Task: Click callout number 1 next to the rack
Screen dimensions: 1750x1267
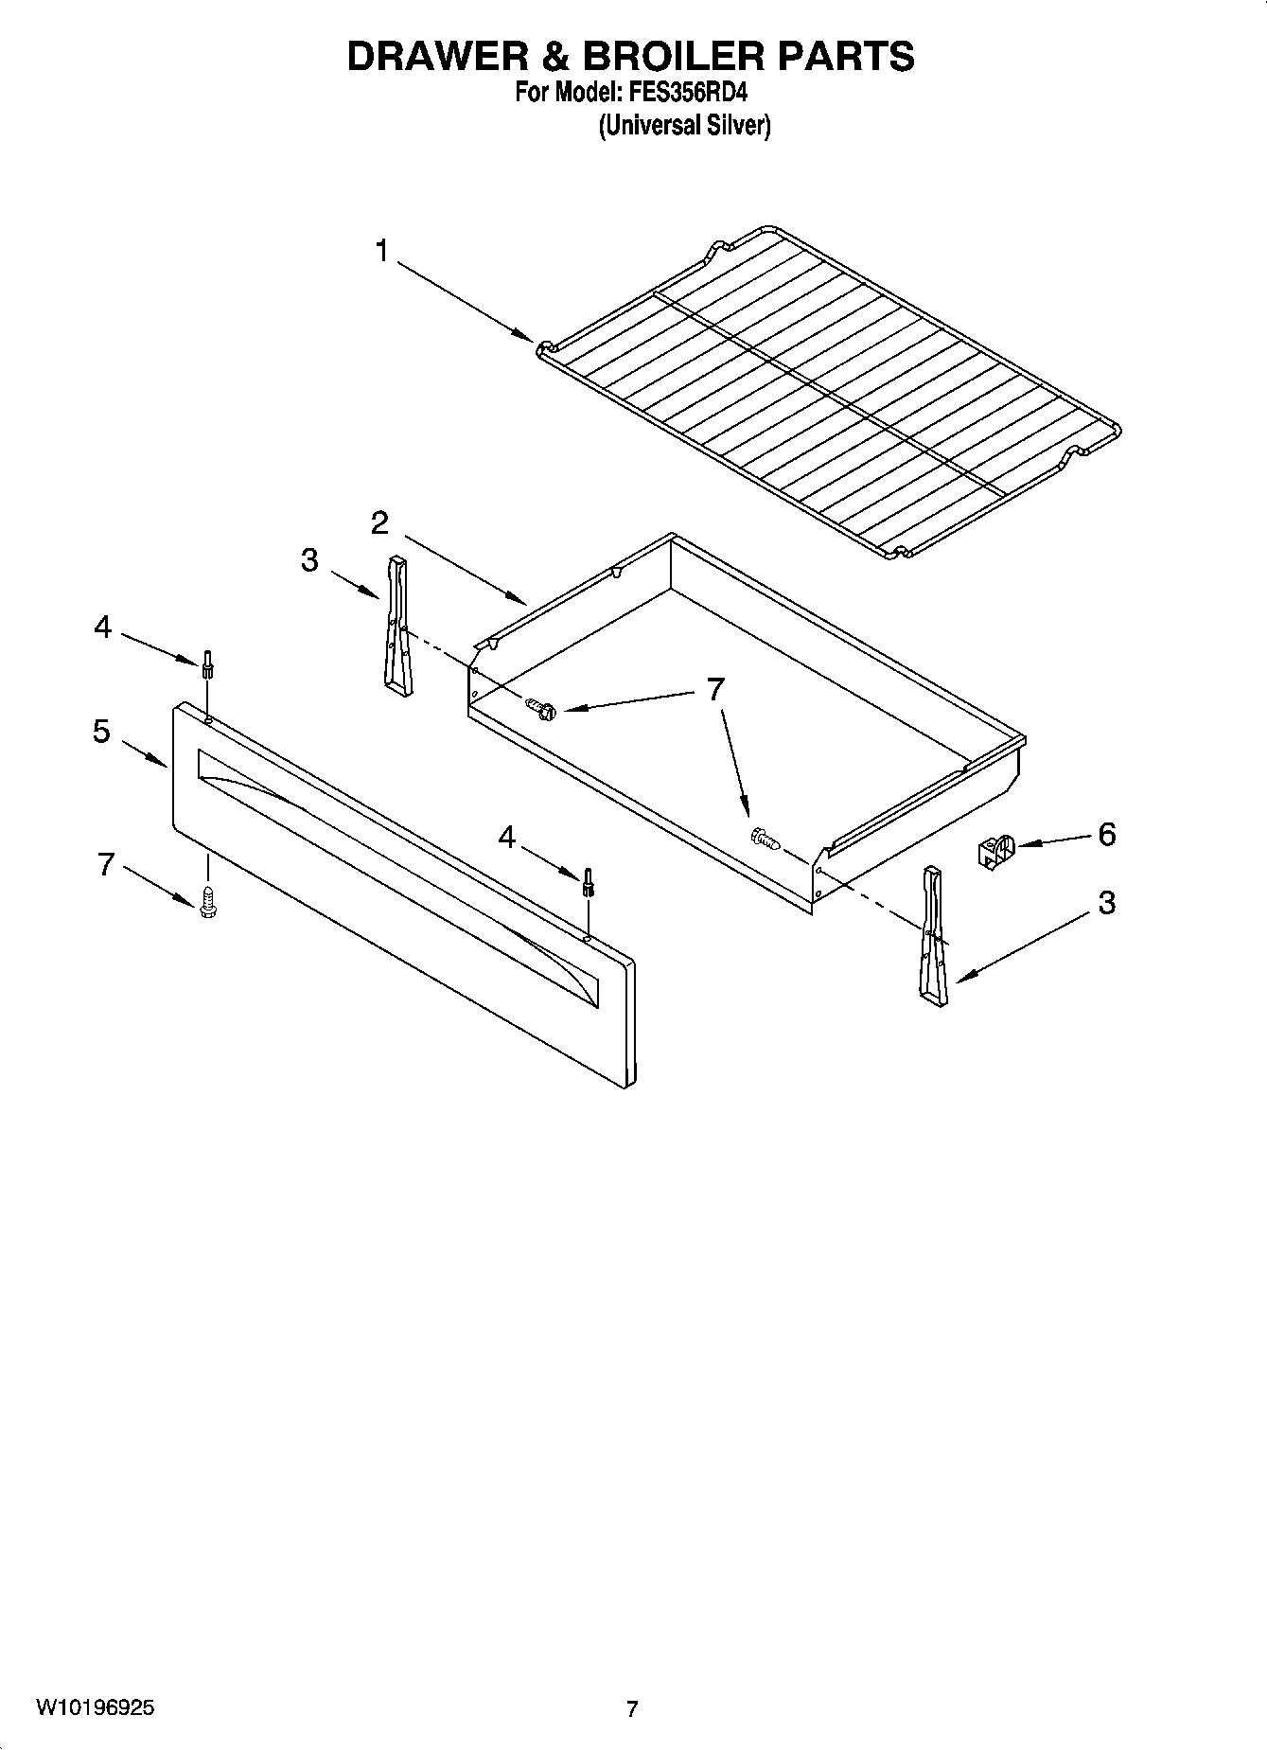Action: coord(381,252)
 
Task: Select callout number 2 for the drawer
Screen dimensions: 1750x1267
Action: coord(379,523)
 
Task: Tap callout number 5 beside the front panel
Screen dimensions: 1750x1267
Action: coord(101,732)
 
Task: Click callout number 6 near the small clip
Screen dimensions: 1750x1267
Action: coord(1106,835)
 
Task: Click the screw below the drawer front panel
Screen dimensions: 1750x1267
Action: coord(208,902)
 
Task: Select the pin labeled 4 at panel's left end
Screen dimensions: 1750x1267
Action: coord(205,665)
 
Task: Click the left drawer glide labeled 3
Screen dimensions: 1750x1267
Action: coord(397,626)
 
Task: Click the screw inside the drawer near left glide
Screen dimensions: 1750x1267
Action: coord(541,707)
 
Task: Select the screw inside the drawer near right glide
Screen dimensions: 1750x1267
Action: coord(763,838)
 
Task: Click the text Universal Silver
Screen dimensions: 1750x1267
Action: coord(684,126)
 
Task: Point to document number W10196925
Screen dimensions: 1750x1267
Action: coord(95,1708)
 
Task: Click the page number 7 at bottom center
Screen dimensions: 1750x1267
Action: coord(632,1709)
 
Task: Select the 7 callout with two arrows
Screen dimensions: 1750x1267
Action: coord(715,690)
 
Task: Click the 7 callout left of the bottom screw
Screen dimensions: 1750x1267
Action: coord(107,864)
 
